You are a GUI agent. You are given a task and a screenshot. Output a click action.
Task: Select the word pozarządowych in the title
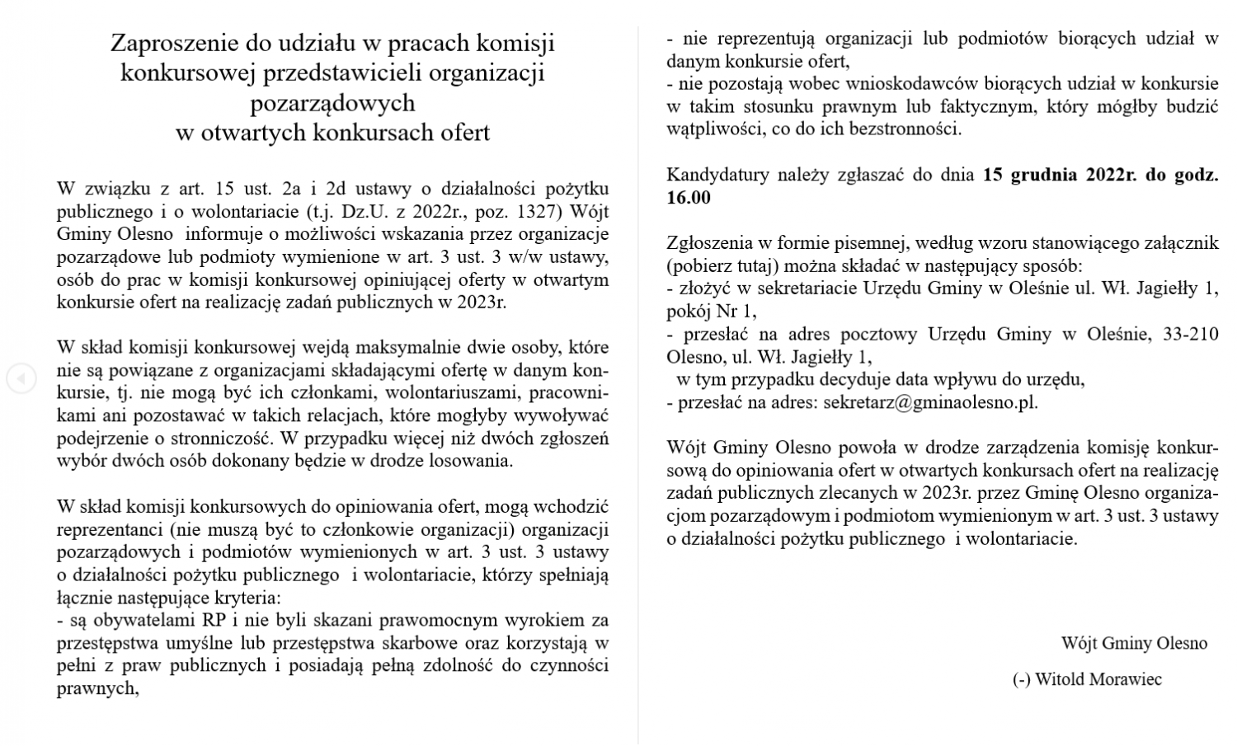[x=332, y=103]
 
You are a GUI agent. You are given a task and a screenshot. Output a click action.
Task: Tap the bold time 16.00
[x=688, y=197]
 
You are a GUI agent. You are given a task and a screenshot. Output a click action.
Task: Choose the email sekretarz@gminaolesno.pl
[x=929, y=402]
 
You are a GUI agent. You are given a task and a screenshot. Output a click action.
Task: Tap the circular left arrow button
[x=21, y=378]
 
